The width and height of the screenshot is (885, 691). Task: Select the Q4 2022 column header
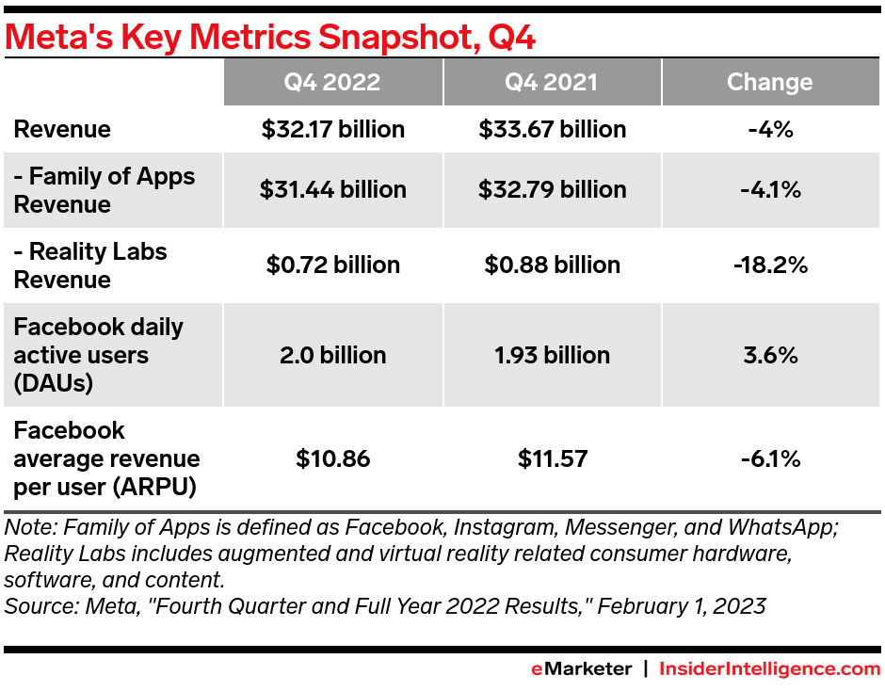tap(332, 82)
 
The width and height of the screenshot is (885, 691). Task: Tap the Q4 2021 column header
tap(552, 82)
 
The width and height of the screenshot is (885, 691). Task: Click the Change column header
tap(769, 82)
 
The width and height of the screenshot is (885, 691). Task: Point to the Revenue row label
tap(62, 129)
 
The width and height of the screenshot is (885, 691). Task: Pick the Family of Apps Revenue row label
tap(105, 189)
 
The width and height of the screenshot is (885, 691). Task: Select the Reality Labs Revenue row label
tap(90, 265)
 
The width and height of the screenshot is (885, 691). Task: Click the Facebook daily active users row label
tap(98, 355)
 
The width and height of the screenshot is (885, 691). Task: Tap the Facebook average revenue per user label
tap(105, 458)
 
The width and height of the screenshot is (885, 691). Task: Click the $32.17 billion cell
tap(333, 129)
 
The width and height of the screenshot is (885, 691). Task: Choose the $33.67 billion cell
tap(553, 129)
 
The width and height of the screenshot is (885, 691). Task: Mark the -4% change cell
tap(770, 129)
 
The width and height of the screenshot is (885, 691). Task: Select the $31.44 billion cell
tap(333, 189)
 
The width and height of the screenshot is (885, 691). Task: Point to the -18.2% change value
tap(770, 265)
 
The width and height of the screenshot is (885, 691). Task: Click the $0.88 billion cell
tap(553, 265)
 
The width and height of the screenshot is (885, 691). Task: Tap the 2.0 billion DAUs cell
tap(333, 355)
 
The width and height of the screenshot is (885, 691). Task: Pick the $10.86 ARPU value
tap(333, 459)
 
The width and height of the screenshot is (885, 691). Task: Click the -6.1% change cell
tap(770, 459)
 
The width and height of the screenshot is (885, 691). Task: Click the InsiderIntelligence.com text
tap(769, 669)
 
